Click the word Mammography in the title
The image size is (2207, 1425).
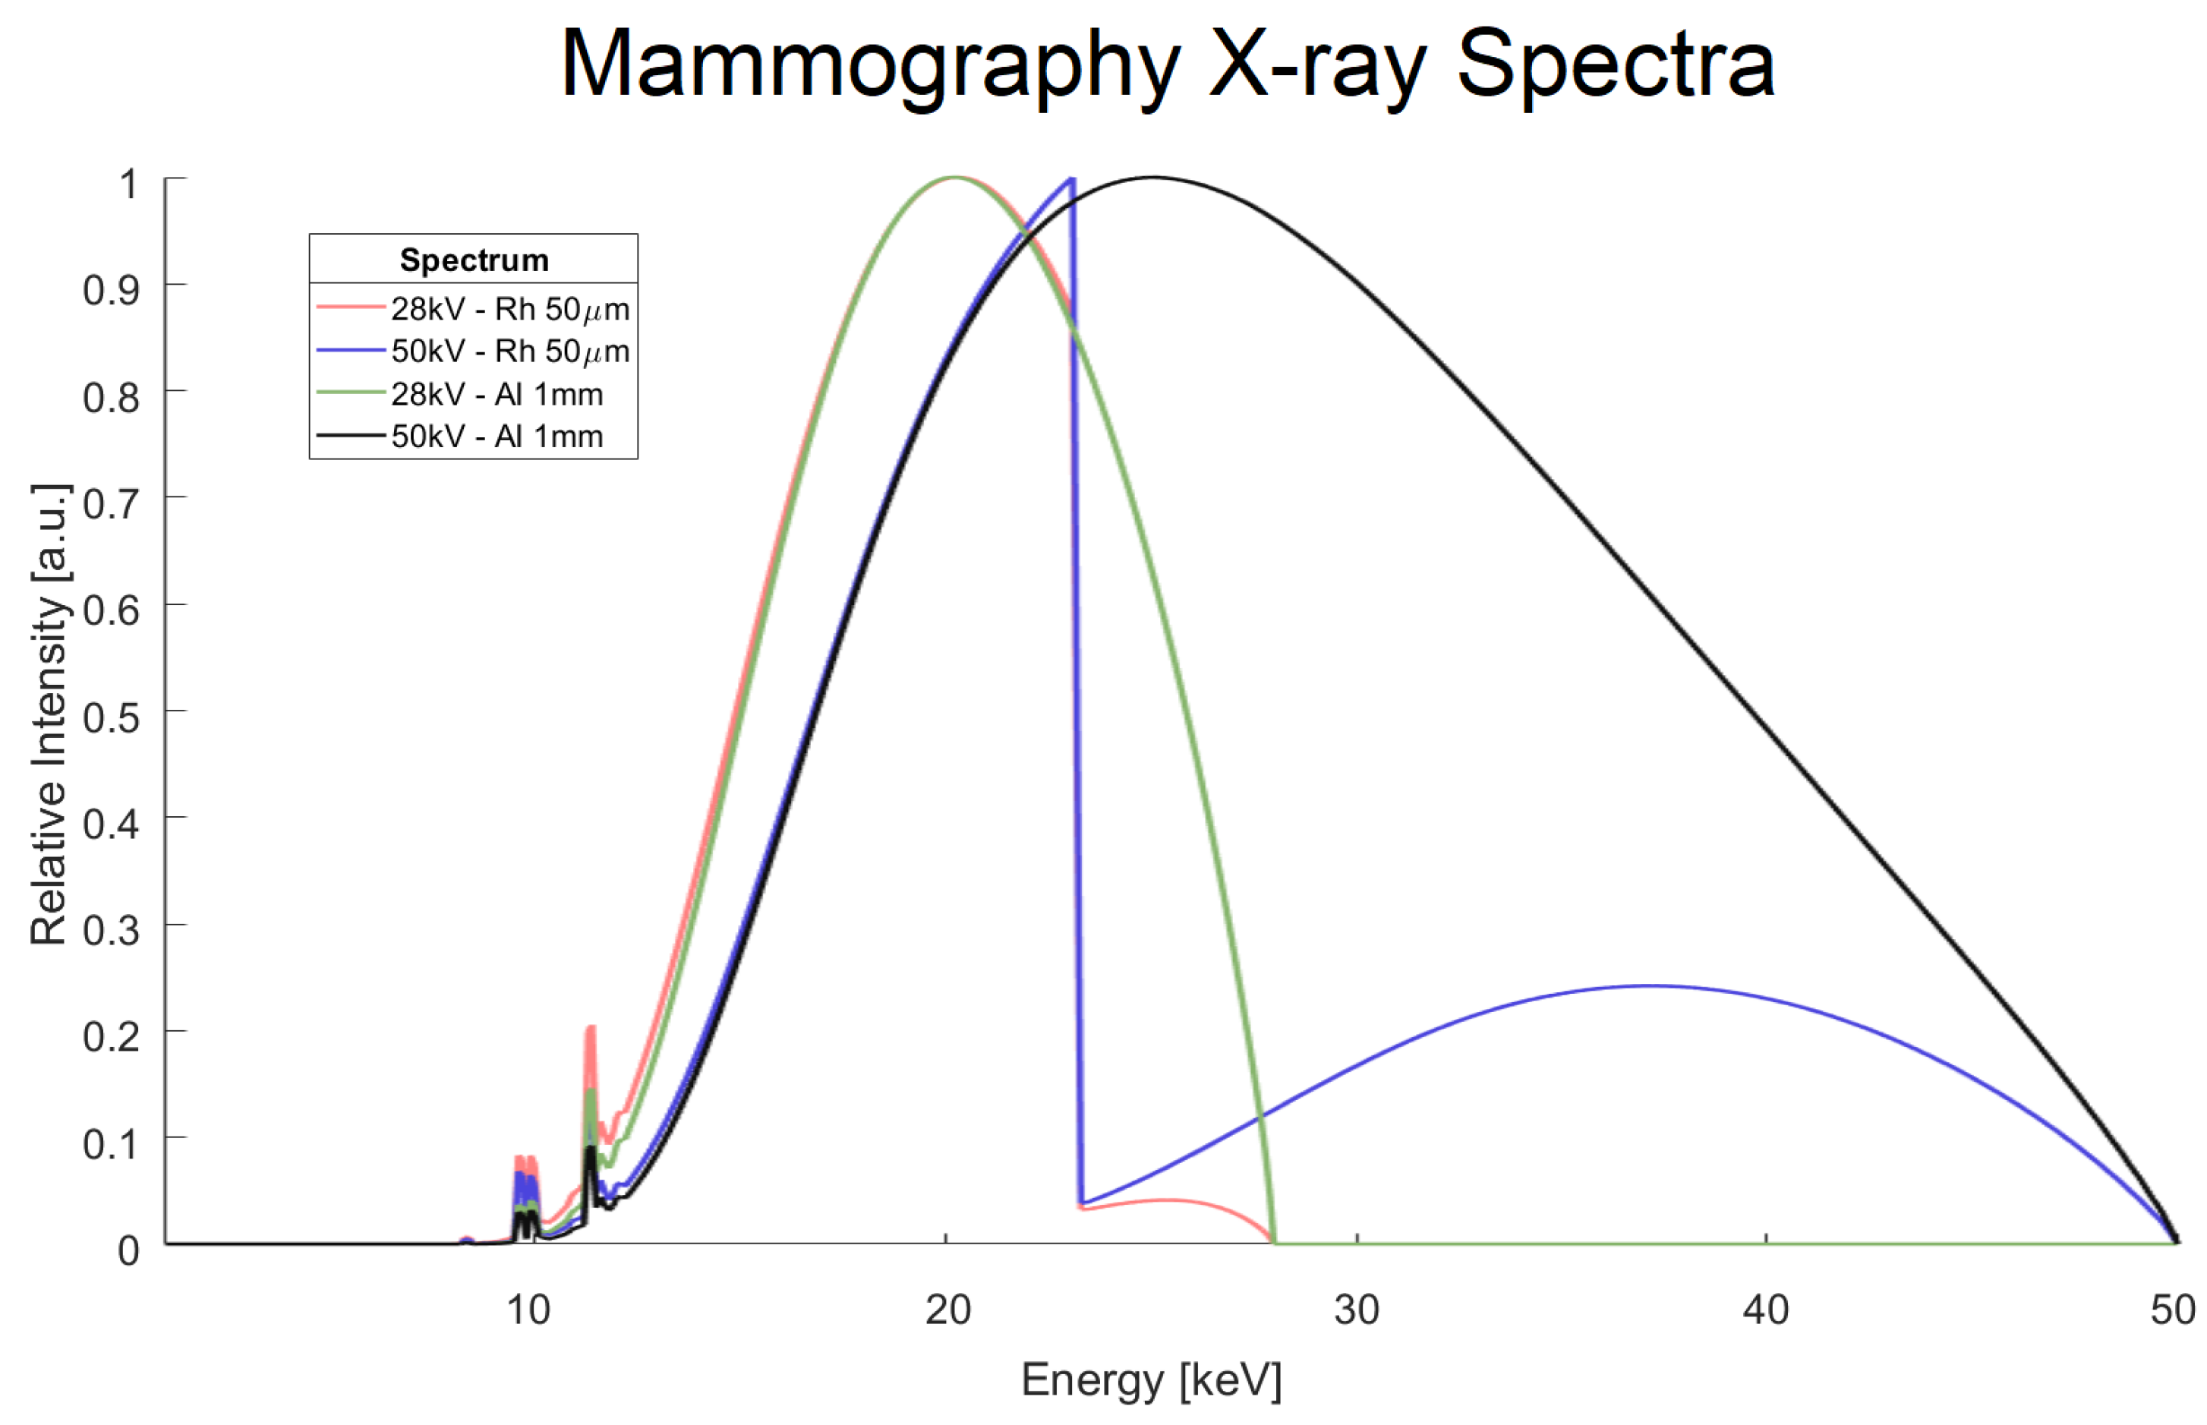[x=870, y=65]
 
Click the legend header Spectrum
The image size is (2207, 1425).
[x=474, y=260]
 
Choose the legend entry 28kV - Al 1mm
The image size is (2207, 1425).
[x=497, y=394]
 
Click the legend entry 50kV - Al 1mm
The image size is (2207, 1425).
[x=497, y=436]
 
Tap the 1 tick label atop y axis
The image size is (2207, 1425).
[x=128, y=185]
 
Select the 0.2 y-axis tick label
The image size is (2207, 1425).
[x=111, y=1036]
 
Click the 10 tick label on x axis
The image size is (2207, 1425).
[x=528, y=1310]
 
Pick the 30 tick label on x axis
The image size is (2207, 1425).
[x=1357, y=1310]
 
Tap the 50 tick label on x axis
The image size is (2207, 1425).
[x=2173, y=1310]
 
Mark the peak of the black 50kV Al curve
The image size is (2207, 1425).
[x=1153, y=178]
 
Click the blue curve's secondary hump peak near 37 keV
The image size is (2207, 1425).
[x=1653, y=986]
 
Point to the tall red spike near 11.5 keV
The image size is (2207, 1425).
[x=591, y=1029]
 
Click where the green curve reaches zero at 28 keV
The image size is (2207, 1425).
[x=1275, y=1242]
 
